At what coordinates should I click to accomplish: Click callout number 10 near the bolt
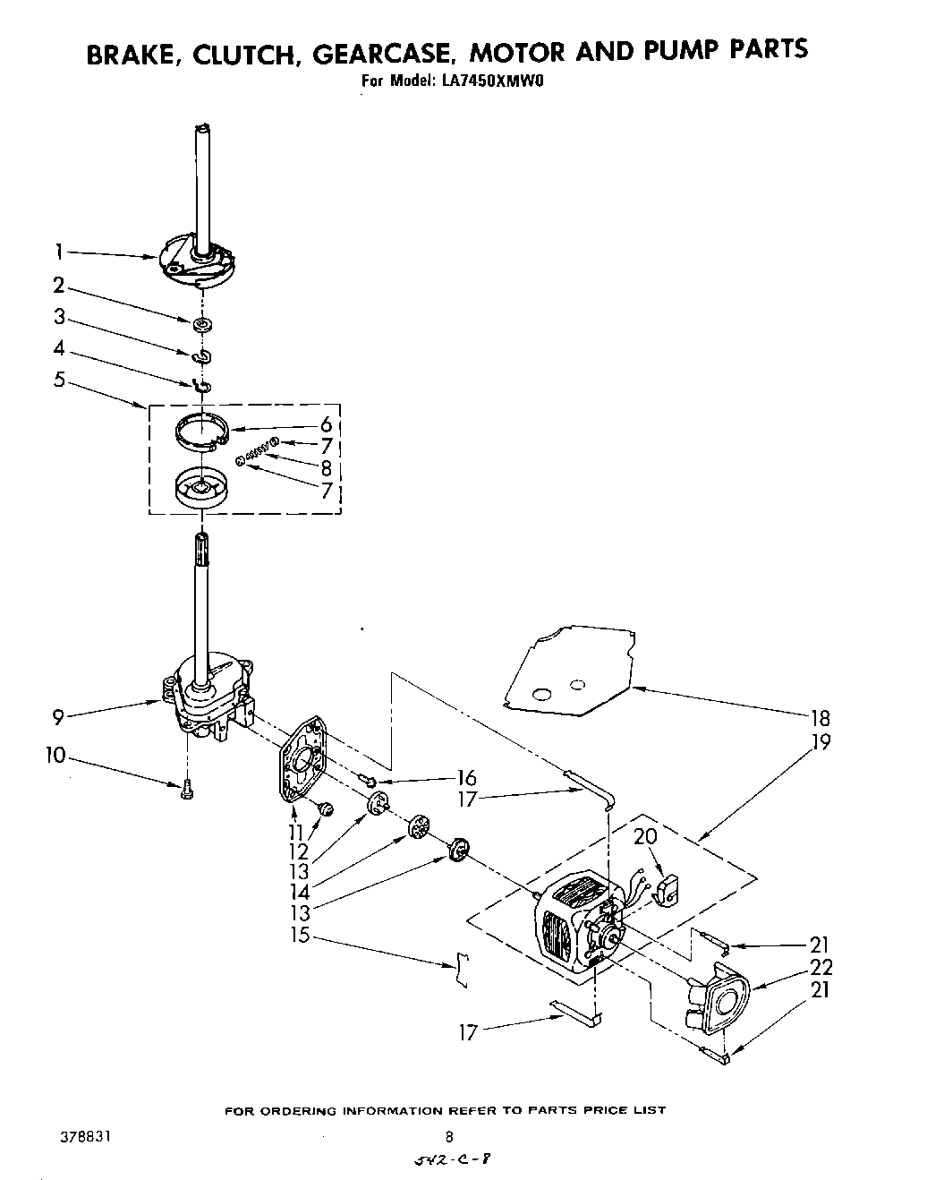(x=55, y=757)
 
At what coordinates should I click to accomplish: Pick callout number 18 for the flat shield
(x=818, y=717)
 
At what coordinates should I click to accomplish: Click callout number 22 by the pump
(x=821, y=967)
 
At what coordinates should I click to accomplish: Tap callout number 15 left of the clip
(x=300, y=936)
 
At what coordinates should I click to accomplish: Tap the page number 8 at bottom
(x=449, y=1137)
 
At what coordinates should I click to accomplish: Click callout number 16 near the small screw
(x=465, y=777)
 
